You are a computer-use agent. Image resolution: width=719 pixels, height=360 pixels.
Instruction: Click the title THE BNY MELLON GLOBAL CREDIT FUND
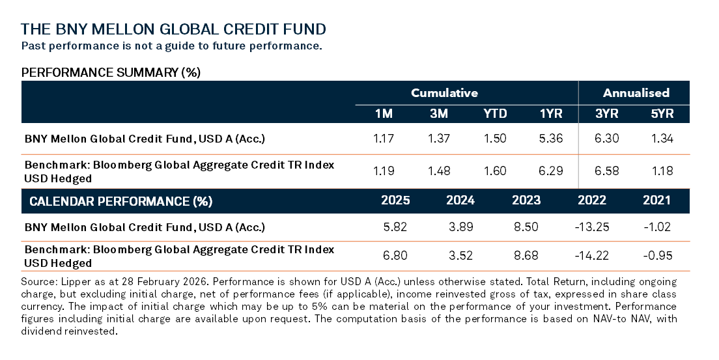pyautogui.click(x=173, y=29)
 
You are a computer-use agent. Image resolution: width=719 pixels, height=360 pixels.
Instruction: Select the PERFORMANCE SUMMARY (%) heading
pyautogui.click(x=111, y=72)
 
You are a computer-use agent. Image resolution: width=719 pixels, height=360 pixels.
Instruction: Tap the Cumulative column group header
pyautogui.click(x=444, y=92)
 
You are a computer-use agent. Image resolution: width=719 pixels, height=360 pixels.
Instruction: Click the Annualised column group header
pyautogui.click(x=636, y=92)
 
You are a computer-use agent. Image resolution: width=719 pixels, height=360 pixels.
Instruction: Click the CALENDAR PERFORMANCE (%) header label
pyautogui.click(x=121, y=201)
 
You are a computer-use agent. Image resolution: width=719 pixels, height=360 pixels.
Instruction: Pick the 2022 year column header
pyautogui.click(x=591, y=201)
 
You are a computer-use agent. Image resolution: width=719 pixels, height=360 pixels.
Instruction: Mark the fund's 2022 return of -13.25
pyautogui.click(x=591, y=227)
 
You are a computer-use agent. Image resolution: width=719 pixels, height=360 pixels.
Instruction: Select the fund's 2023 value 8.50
pyautogui.click(x=526, y=227)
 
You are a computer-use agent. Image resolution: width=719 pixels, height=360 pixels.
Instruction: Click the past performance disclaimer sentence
pyautogui.click(x=171, y=46)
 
